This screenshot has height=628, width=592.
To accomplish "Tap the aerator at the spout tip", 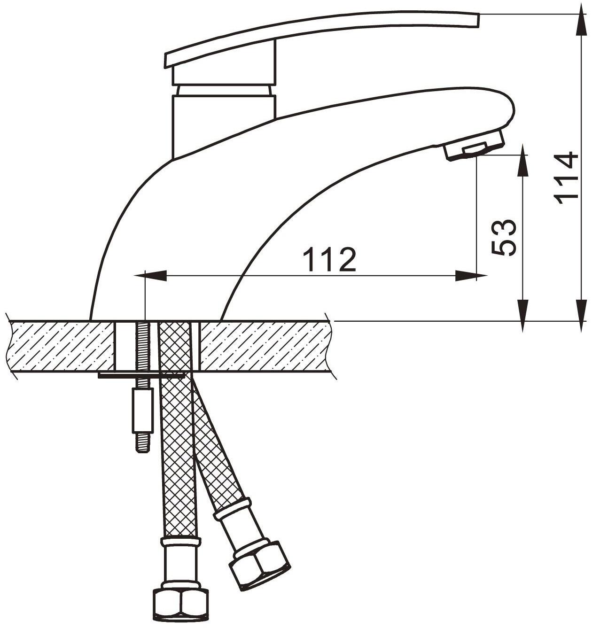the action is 473,148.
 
